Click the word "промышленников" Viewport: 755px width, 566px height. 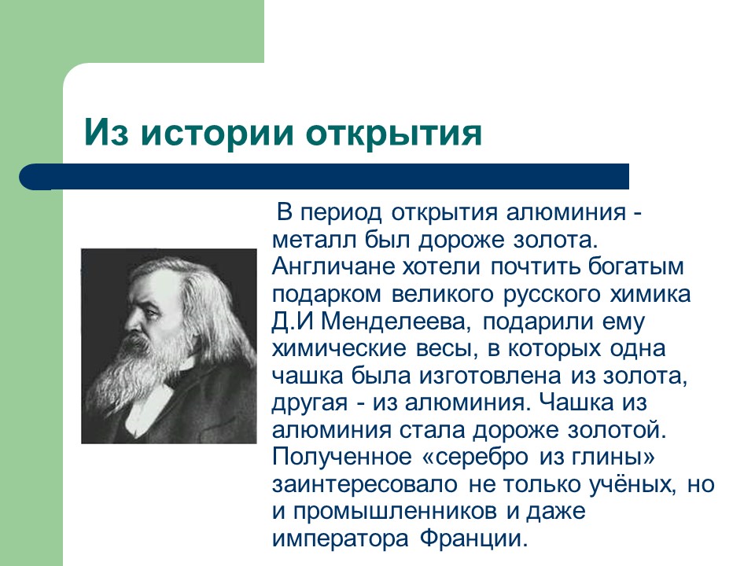coord(402,513)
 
